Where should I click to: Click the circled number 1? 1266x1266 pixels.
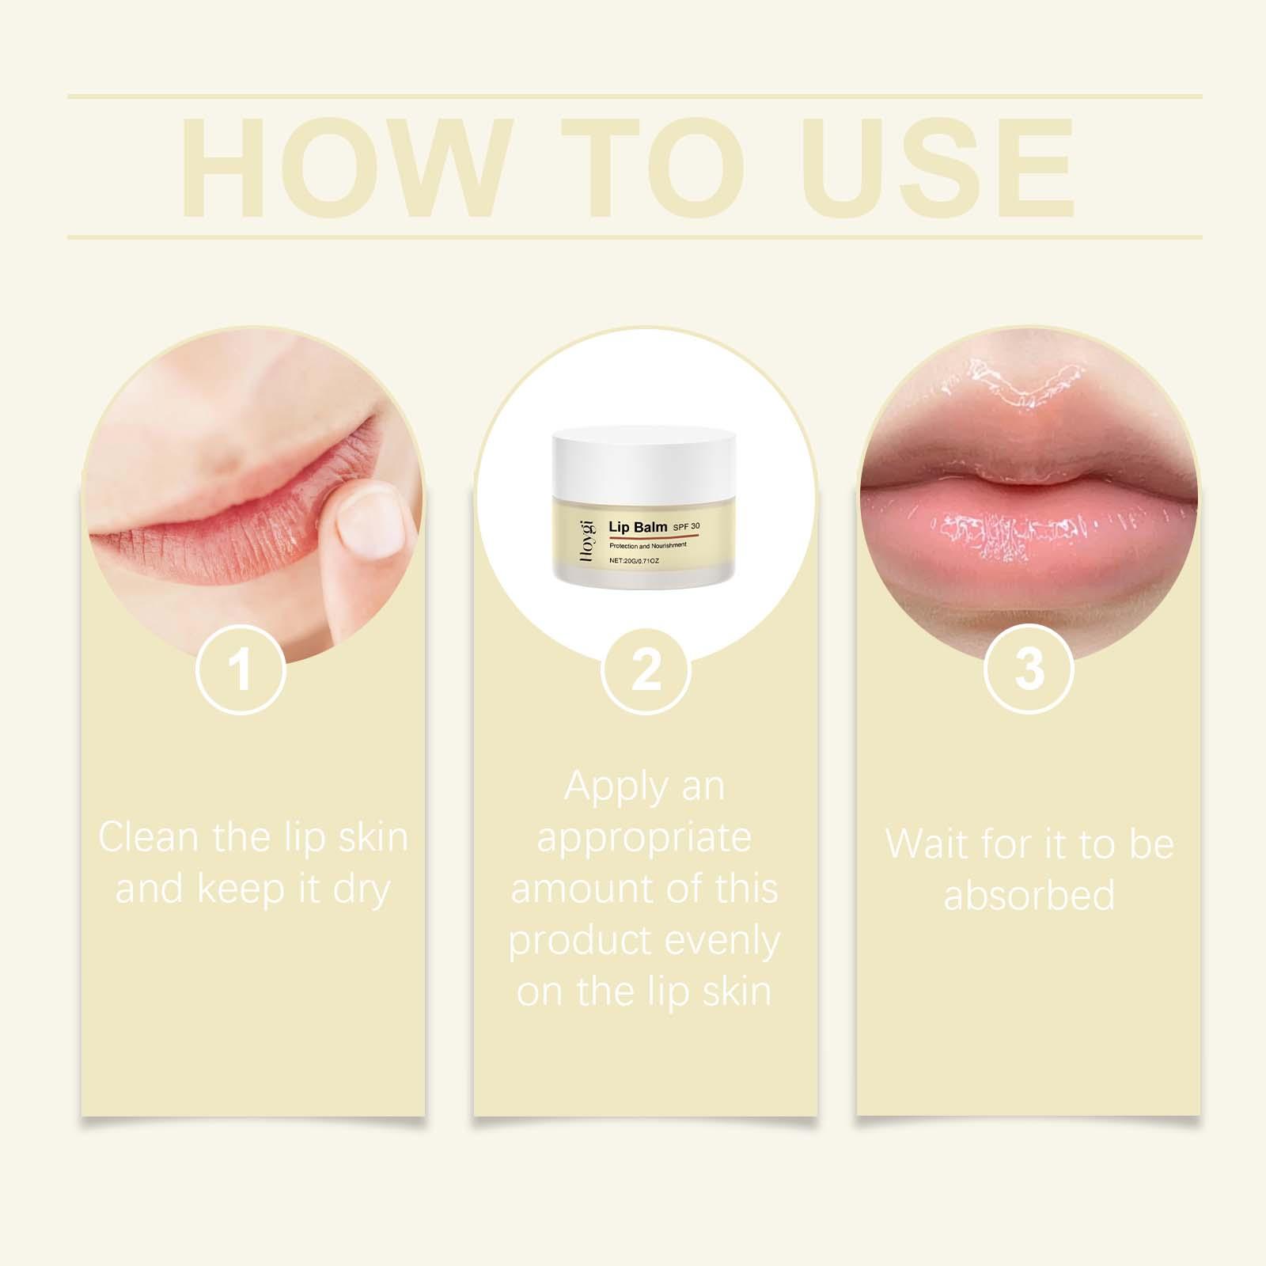tap(241, 669)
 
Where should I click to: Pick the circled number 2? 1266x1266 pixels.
tap(646, 669)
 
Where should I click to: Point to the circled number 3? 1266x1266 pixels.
tap(1029, 669)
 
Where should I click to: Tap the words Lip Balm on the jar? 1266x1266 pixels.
tap(636, 526)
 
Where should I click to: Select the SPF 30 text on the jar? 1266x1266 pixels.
tap(685, 526)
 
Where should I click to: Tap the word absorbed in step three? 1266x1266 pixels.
tap(1029, 894)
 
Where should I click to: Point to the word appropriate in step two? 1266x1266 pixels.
tap(644, 839)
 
